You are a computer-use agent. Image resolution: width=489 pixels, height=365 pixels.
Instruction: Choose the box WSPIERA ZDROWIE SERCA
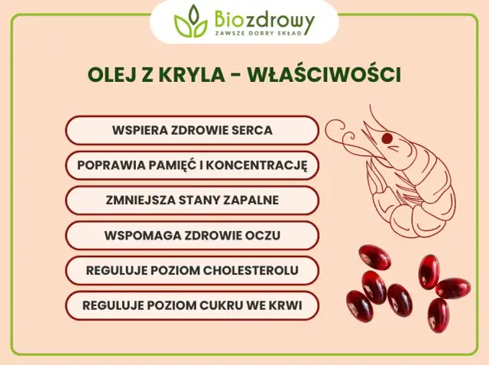(192, 130)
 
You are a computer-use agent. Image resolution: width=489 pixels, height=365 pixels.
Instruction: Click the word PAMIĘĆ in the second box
(193, 165)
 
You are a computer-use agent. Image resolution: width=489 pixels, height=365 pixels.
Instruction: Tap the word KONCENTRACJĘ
(267, 165)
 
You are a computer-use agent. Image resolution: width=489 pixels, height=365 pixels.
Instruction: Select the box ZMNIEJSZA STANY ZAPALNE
(192, 200)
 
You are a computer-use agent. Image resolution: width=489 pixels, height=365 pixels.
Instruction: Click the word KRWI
(287, 306)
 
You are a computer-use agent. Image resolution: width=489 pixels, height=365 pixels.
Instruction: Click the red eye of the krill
(387, 139)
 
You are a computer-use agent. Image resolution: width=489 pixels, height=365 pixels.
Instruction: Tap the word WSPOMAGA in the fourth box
(138, 236)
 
